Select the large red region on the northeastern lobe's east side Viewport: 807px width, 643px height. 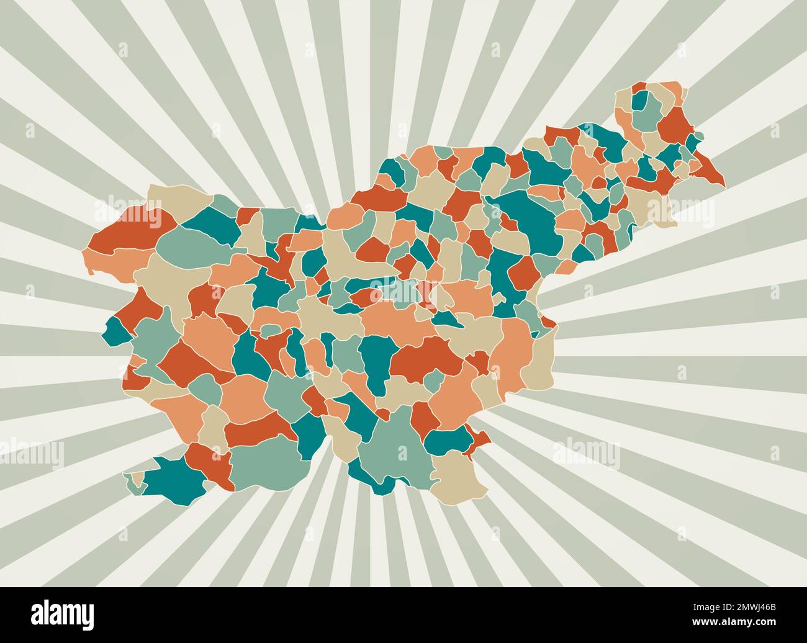[x=674, y=124]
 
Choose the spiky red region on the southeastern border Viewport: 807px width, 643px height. [x=480, y=441]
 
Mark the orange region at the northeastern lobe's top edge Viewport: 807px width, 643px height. [x=670, y=88]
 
